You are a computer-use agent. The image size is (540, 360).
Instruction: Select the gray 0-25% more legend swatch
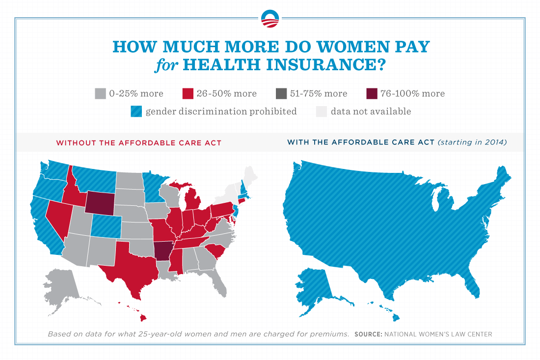click(x=101, y=93)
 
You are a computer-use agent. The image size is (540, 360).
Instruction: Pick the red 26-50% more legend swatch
click(x=188, y=93)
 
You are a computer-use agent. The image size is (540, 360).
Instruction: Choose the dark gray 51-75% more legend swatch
click(x=281, y=93)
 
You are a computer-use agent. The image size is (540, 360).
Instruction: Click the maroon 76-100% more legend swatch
click(x=372, y=93)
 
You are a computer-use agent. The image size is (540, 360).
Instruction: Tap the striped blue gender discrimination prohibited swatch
click(x=136, y=111)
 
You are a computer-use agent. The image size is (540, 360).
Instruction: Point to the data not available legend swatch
click(x=321, y=111)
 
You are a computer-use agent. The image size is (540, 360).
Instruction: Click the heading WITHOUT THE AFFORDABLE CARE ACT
click(x=138, y=143)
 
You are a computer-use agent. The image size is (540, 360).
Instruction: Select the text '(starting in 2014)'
click(x=472, y=143)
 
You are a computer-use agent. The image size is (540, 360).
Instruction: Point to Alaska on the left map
click(x=61, y=290)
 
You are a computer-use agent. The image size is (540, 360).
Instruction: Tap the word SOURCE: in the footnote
click(x=368, y=334)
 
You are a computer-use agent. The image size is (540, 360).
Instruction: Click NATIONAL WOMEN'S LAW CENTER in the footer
click(x=438, y=334)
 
